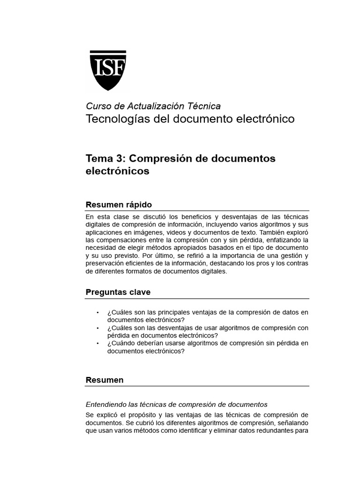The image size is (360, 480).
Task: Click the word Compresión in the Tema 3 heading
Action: (x=158, y=158)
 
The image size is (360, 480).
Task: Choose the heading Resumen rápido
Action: (x=119, y=205)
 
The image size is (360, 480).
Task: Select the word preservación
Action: (x=105, y=263)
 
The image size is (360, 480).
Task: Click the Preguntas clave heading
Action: (x=118, y=292)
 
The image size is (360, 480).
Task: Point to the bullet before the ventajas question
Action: (x=97, y=312)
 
